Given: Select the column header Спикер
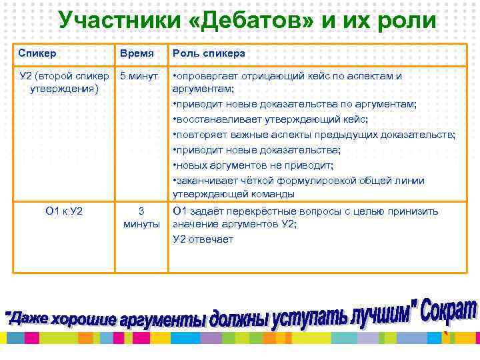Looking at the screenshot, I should [x=37, y=53].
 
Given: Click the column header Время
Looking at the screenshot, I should [x=137, y=53].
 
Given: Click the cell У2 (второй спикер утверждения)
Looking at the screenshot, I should [x=64, y=81].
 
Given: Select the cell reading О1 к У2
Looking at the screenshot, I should [x=64, y=211].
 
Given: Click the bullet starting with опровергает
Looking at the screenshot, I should [x=287, y=81].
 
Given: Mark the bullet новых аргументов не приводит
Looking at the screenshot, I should [x=253, y=165].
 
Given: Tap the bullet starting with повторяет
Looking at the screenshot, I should [x=313, y=135].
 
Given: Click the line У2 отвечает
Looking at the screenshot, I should [x=203, y=239].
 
